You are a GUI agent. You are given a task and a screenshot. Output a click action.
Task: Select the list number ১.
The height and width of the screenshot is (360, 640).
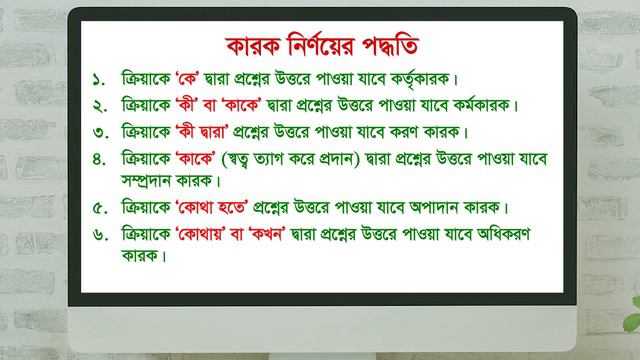coord(97,78)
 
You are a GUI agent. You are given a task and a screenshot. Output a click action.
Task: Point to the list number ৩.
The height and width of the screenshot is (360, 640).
coord(97,131)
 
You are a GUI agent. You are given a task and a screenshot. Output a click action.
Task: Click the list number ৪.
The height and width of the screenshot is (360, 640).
coord(97,158)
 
